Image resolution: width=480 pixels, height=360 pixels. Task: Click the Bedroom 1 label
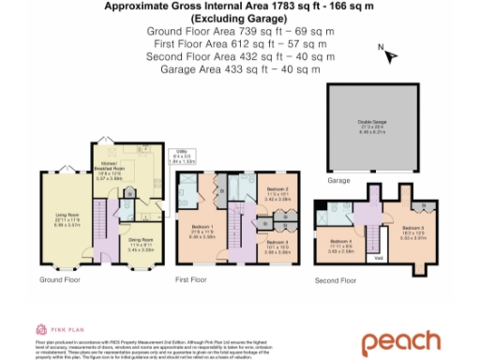202,234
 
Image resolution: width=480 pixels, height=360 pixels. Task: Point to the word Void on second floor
378,259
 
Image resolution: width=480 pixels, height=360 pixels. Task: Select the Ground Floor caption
58,279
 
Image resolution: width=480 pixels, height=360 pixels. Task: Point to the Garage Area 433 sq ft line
240,69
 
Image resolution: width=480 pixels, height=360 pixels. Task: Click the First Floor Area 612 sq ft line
240,44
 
